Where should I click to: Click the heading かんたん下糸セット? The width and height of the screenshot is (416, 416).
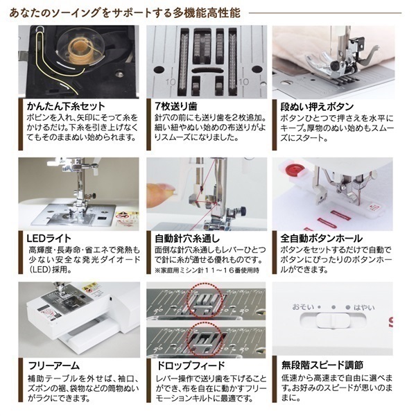(66, 106)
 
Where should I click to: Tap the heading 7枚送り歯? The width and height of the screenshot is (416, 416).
(176, 106)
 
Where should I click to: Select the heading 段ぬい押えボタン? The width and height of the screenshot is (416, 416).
(317, 107)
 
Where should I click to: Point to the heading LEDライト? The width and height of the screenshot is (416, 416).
(49, 239)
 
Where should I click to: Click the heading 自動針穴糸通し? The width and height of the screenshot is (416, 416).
(187, 239)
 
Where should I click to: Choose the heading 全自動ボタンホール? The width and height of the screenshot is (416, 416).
(321, 239)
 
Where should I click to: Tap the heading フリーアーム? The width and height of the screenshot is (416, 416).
(54, 365)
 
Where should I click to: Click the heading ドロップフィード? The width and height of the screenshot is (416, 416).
(191, 365)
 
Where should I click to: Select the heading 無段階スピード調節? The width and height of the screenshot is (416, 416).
(322, 365)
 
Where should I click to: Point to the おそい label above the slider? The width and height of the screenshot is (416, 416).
(303, 307)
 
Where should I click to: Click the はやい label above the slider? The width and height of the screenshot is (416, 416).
(364, 307)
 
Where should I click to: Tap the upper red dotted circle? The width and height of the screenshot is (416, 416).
(206, 300)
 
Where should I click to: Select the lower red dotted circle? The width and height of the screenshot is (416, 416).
(206, 343)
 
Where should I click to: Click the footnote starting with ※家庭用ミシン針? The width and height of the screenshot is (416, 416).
(207, 270)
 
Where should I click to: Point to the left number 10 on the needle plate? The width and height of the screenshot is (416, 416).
(171, 82)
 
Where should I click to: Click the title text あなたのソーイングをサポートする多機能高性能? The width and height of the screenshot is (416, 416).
(125, 12)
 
